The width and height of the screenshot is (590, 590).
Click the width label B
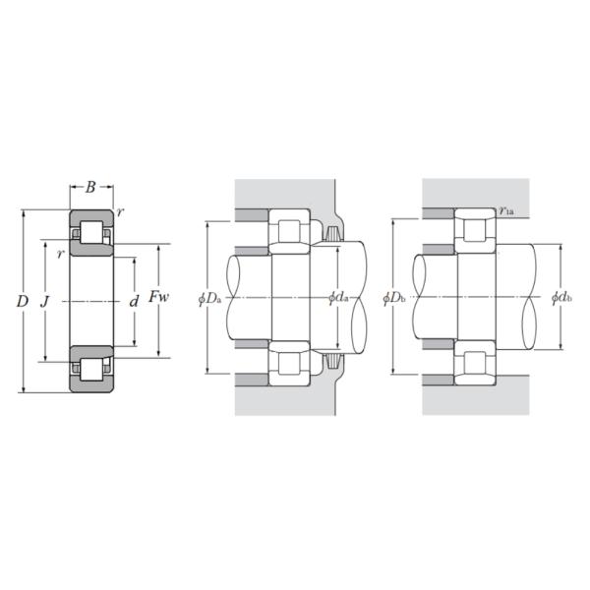[x=90, y=187]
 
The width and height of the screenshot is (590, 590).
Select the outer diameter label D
[x=23, y=301]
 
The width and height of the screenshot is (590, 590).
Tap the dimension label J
[x=45, y=302]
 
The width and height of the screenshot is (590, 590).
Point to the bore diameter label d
[x=134, y=302]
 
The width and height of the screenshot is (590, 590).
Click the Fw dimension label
[x=158, y=297]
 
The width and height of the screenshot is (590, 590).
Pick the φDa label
[x=210, y=299]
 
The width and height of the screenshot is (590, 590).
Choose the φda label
[x=338, y=298]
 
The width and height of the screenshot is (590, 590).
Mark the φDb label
[x=394, y=298]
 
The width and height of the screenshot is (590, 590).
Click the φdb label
[x=561, y=298]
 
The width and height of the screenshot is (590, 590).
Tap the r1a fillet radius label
[x=506, y=211]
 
